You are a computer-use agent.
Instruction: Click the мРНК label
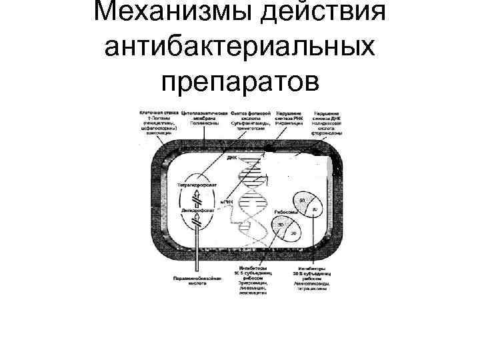click(x=226, y=202)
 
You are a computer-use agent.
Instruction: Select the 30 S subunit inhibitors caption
click(x=309, y=277)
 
